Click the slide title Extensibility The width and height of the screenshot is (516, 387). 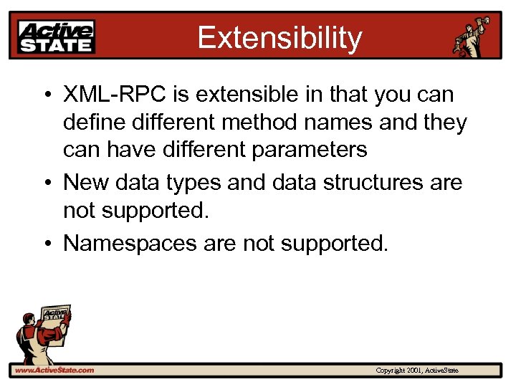click(279, 37)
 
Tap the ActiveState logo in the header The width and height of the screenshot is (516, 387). click(57, 37)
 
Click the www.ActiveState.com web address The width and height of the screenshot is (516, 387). click(54, 371)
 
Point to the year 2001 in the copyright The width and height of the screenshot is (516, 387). click(414, 371)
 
